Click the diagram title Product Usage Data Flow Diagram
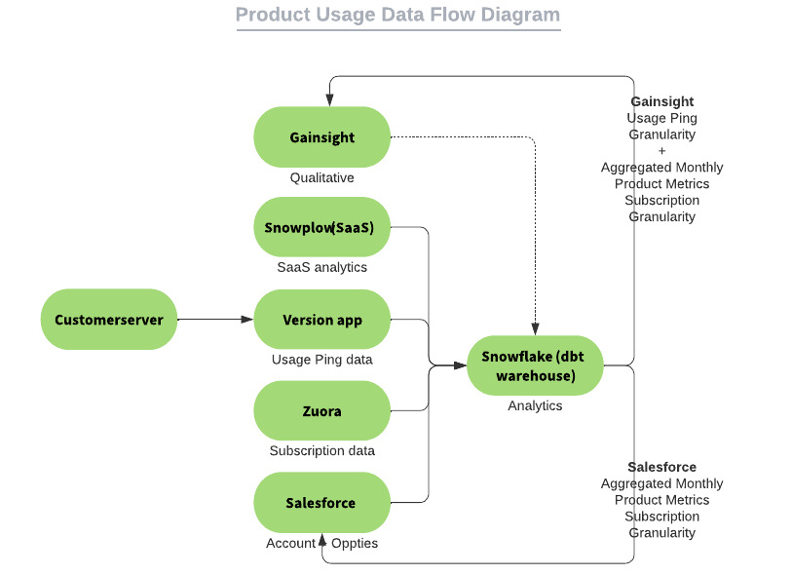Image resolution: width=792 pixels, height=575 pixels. [x=397, y=16]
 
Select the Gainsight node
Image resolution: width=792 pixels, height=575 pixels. [x=321, y=137]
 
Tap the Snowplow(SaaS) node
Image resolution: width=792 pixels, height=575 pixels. [x=321, y=228]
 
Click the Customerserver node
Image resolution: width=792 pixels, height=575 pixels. [x=109, y=320]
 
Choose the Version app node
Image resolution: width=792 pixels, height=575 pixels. [x=321, y=320]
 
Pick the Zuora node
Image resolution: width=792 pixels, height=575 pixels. [x=321, y=411]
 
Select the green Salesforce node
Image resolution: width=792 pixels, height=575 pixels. [x=321, y=503]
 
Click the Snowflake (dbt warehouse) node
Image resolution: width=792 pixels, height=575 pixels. [x=535, y=365]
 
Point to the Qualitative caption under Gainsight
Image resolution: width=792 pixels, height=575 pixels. [x=321, y=178]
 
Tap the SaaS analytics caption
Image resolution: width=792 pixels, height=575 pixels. [x=321, y=267]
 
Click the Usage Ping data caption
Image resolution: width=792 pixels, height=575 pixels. [x=321, y=360]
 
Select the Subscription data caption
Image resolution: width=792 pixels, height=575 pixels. [x=321, y=451]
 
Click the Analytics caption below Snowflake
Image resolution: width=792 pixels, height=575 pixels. [x=535, y=405]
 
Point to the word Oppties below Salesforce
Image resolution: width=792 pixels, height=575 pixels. [x=355, y=543]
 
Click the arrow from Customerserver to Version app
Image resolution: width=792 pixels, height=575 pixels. [x=214, y=319]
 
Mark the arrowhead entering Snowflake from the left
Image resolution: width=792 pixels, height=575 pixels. [x=461, y=365]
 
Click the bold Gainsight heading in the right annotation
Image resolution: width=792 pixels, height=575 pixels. [x=662, y=101]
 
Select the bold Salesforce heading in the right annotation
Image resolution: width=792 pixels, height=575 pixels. [x=662, y=467]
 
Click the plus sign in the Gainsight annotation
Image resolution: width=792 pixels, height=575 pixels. [x=662, y=151]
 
